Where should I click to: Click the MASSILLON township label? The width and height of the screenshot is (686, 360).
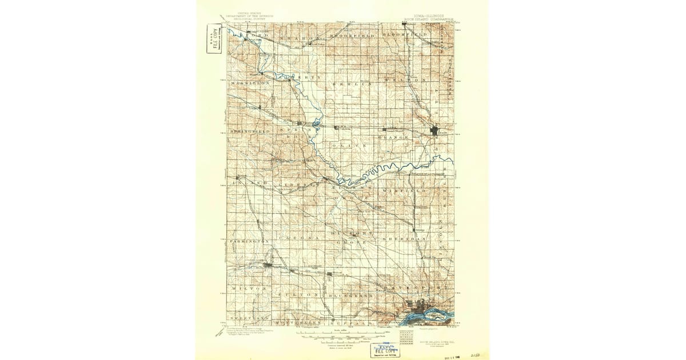tap(249, 83)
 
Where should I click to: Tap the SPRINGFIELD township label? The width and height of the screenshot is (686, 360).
tap(250, 131)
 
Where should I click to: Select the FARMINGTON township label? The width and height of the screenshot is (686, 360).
tap(249, 242)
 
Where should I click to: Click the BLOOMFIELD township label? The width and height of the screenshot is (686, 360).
tap(405, 35)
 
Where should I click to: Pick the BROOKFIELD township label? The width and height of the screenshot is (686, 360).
tap(354, 35)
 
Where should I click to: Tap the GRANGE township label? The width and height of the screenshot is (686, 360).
tap(395, 138)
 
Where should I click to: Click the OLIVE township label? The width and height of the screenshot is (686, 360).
tap(349, 146)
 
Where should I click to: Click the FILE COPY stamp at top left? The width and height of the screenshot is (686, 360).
tap(214, 39)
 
